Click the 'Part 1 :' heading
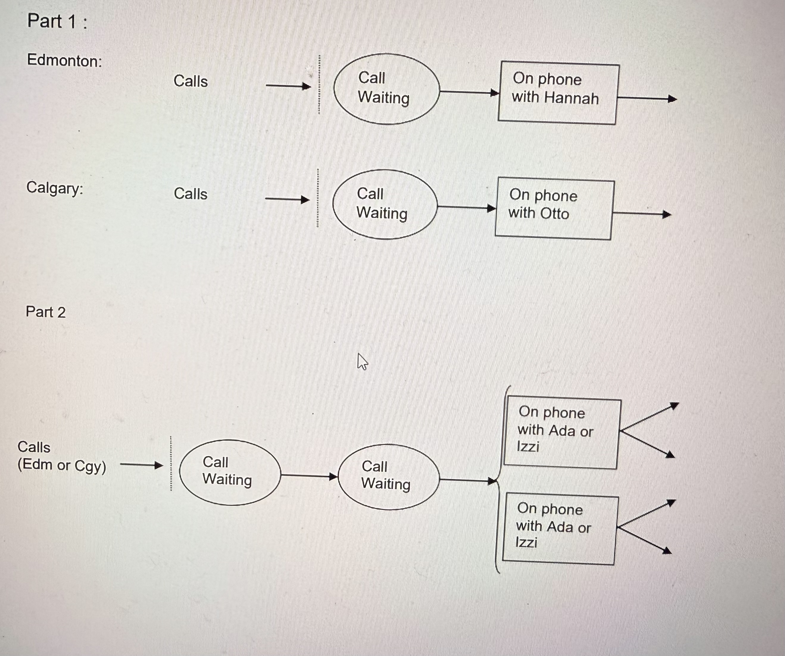[57, 21]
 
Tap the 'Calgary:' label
[54, 188]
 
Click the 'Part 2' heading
[46, 312]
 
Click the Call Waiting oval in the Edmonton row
[386, 89]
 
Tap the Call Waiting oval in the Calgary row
[385, 204]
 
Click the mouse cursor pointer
[362, 361]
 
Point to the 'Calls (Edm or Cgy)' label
[62, 456]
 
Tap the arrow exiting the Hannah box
[646, 99]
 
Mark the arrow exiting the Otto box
[642, 214]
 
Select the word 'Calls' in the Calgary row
[191, 194]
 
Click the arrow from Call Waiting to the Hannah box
[469, 92]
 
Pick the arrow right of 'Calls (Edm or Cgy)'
[142, 465]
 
